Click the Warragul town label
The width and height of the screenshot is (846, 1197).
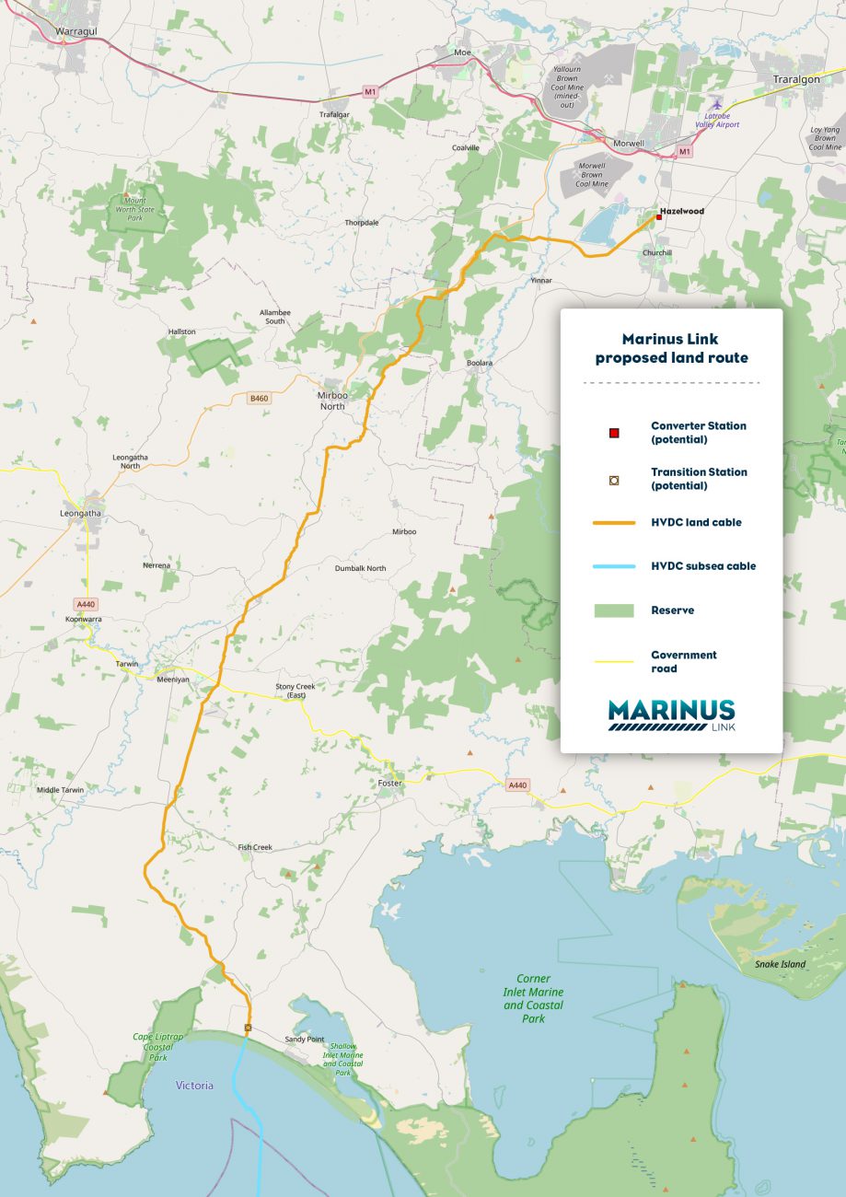tap(77, 30)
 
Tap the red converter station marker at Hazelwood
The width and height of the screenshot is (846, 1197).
tap(658, 217)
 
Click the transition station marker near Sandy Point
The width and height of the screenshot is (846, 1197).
tap(248, 1027)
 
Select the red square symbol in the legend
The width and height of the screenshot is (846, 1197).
tap(614, 433)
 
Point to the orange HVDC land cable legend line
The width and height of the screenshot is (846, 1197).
tap(613, 523)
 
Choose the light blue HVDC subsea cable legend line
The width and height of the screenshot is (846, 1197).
tap(613, 566)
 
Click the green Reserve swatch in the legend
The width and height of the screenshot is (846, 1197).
tap(613, 610)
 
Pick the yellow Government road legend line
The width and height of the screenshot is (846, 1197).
tap(613, 661)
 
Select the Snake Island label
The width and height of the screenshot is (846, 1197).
tap(780, 964)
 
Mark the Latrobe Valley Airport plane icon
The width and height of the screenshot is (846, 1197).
tap(718, 104)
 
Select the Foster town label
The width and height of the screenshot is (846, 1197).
tap(390, 784)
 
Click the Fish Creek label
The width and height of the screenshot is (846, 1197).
tap(255, 847)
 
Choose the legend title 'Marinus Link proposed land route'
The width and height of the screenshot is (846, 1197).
tap(671, 348)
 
